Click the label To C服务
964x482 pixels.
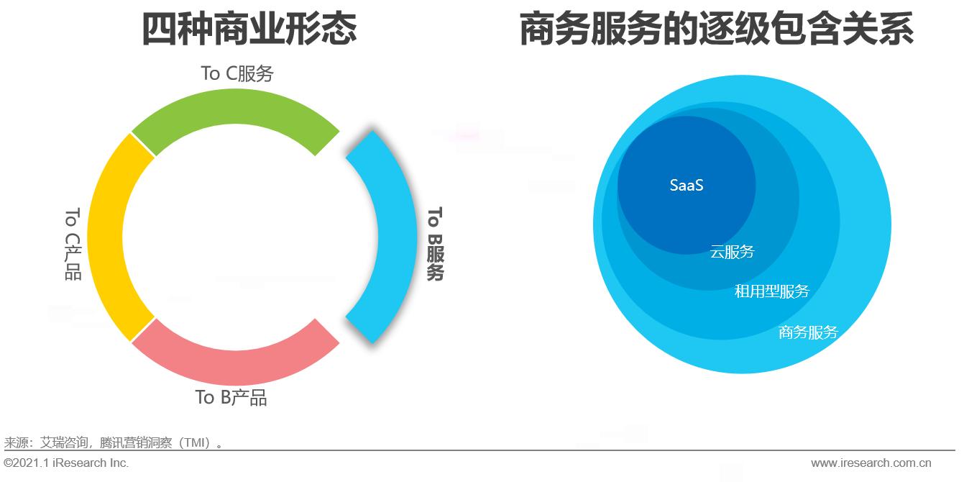pos(237,73)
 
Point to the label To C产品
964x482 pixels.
pos(73,244)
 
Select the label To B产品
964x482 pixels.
pos(231,397)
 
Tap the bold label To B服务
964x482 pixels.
pos(435,244)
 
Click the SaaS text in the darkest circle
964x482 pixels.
pos(686,185)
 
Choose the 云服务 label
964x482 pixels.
pos(732,252)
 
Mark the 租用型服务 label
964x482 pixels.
pos(771,291)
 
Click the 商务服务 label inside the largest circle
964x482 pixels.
pos(808,332)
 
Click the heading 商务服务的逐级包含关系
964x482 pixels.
pos(716,30)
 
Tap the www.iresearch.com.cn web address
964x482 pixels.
pos(871,463)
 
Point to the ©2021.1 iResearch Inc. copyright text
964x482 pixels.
pos(66,463)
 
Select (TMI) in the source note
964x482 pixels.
pos(193,442)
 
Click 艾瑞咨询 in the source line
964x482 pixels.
pos(63,442)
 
